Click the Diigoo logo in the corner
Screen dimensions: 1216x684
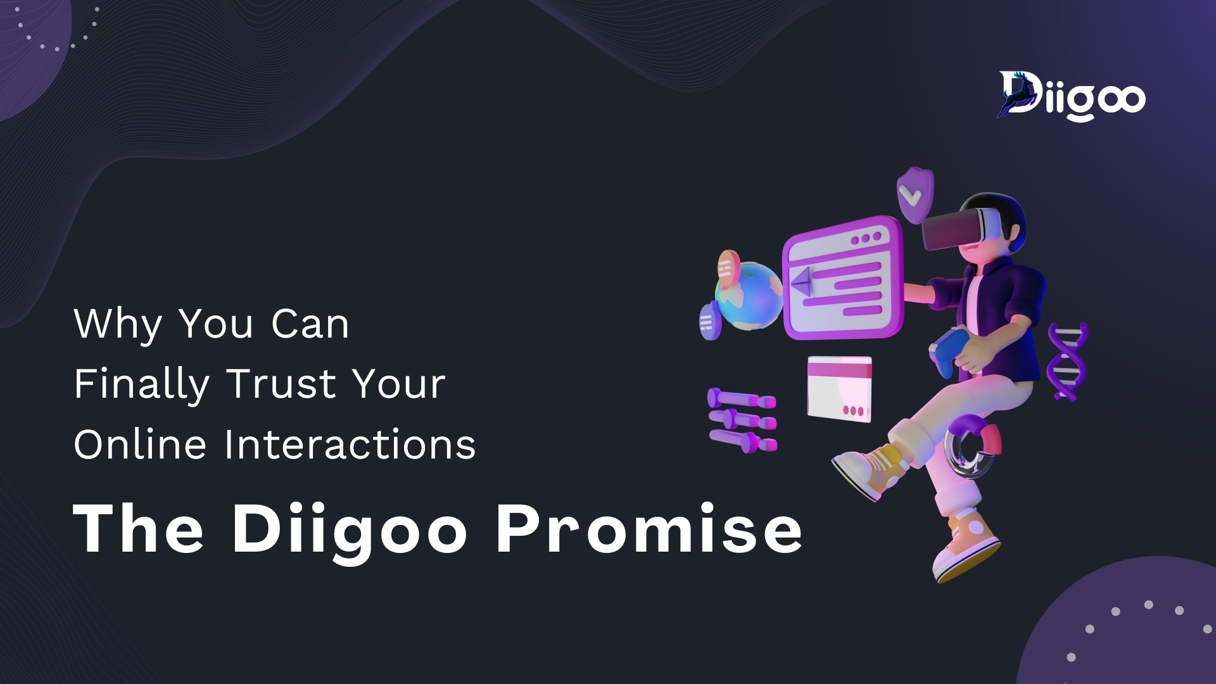[x=1071, y=96]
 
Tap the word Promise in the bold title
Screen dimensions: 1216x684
[x=649, y=529]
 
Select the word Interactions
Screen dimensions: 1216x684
[x=350, y=444]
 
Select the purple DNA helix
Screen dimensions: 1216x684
[x=1068, y=362]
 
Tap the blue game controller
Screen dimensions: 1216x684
[x=948, y=352]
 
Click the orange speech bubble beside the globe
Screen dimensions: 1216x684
[x=728, y=267]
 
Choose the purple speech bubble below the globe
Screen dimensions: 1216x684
[x=709, y=322]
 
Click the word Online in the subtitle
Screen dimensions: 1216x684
[x=140, y=444]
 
